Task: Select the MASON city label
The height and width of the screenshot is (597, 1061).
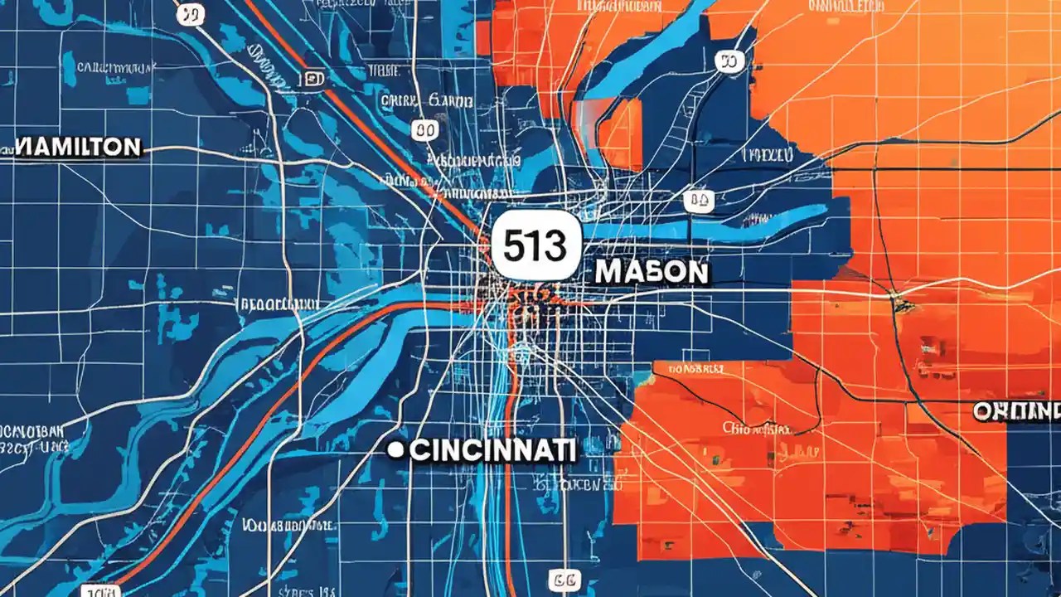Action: (652, 272)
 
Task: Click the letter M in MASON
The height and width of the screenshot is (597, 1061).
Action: (608, 272)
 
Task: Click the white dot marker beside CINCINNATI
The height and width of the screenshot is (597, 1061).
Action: (396, 450)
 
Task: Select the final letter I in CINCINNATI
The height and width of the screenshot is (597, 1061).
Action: (570, 451)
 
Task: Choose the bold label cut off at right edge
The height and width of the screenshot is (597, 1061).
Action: (1018, 410)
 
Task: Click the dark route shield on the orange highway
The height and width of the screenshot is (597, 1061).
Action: (314, 79)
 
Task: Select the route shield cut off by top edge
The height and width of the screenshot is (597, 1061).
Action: (190, 12)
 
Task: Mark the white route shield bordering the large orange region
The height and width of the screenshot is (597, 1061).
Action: (729, 61)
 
